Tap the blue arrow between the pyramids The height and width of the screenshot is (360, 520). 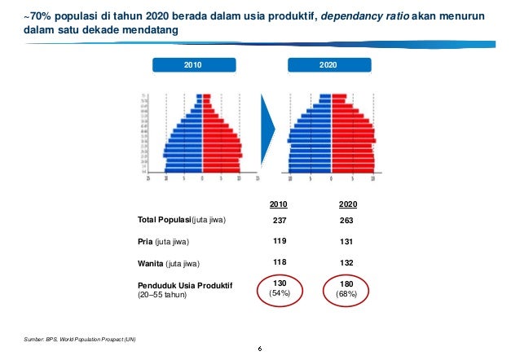coord(269,134)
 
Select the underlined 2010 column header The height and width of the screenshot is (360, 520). coord(278,204)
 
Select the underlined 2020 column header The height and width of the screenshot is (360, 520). coord(348,204)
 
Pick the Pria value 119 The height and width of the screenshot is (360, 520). coord(278,242)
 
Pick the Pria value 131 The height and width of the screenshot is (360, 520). coord(348,242)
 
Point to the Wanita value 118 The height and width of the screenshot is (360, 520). coord(278,263)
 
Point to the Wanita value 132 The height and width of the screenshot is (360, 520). coord(348,263)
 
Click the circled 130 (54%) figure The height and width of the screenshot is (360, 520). coord(279,288)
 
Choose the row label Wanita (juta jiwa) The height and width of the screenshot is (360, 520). coord(173,263)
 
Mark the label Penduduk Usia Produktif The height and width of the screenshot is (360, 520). coord(184,285)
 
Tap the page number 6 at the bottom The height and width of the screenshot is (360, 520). coord(259,350)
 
